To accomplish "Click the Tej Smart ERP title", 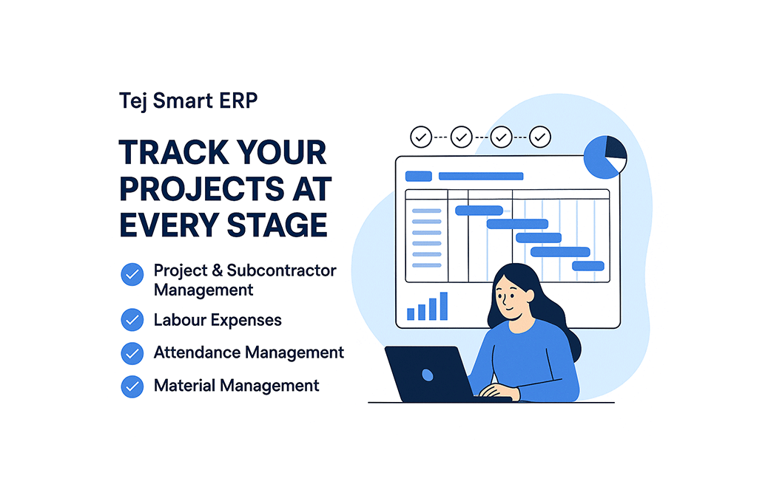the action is click(189, 101).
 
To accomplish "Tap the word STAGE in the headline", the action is click(277, 225).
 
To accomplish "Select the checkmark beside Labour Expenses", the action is click(132, 320).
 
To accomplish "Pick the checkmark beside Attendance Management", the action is click(132, 353).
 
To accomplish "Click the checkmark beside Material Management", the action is click(132, 386).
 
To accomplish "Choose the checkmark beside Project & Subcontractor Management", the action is click(132, 274).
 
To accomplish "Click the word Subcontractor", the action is click(281, 270).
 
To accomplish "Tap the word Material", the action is click(184, 386).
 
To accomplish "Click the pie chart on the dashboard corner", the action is click(605, 157).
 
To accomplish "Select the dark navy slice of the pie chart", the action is click(615, 148).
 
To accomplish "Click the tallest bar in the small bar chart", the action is click(443, 306).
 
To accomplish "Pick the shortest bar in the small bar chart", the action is click(411, 314).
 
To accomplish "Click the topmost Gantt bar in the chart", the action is click(479, 211).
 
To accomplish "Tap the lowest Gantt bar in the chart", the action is click(588, 266).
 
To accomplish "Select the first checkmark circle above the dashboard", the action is click(421, 137).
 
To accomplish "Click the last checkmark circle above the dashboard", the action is click(540, 137).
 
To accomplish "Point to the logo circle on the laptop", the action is click(427, 375).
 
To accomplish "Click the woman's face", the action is click(511, 297).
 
